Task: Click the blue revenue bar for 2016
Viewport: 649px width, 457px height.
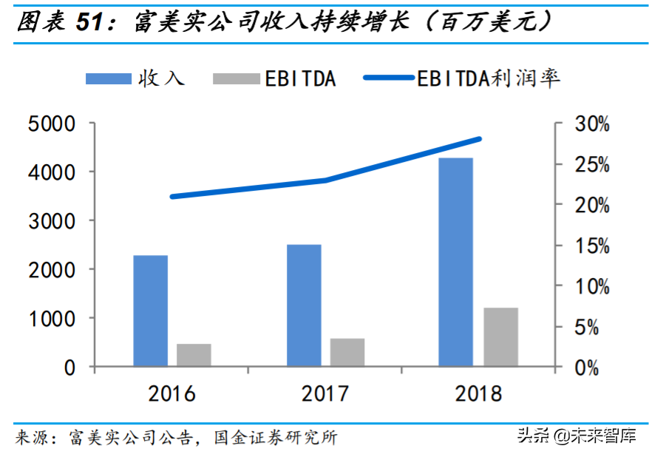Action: (150, 311)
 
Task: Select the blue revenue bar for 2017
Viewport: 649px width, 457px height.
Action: (304, 305)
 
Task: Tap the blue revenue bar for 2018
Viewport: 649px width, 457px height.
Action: (455, 262)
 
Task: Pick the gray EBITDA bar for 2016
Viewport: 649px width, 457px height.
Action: (194, 355)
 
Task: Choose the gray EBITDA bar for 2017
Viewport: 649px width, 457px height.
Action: (347, 352)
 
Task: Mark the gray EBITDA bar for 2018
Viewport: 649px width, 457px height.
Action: (501, 336)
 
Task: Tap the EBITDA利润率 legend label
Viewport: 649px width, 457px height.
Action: (489, 78)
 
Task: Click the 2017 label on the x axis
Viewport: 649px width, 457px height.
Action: (325, 393)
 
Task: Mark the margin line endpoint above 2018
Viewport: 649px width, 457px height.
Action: (480, 139)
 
